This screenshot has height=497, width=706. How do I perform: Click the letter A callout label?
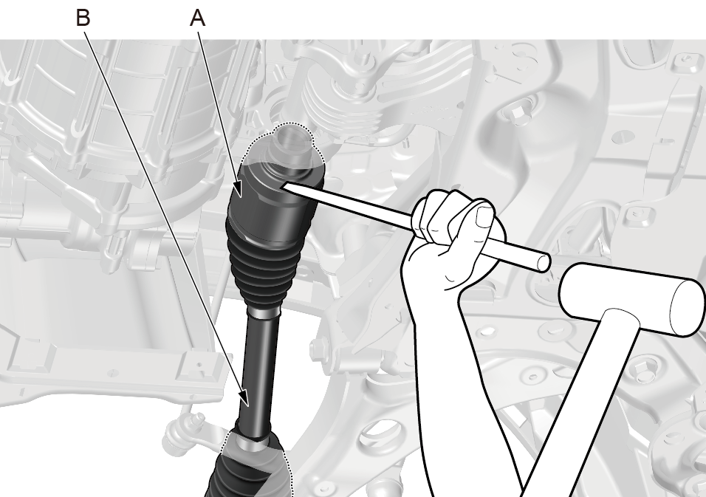pyautogui.click(x=198, y=18)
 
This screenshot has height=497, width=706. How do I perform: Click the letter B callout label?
pyautogui.click(x=83, y=18)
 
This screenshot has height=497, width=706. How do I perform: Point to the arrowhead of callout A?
pyautogui.click(x=239, y=190)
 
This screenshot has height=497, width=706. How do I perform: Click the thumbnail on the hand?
pyautogui.click(x=485, y=216)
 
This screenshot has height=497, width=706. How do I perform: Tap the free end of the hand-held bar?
pyautogui.click(x=544, y=262)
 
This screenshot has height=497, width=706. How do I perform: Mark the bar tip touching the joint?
pyautogui.click(x=282, y=185)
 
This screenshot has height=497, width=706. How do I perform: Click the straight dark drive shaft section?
pyautogui.click(x=260, y=374)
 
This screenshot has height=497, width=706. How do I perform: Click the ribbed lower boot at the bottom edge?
pyautogui.click(x=250, y=473)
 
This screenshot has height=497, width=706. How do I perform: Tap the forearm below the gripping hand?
pyautogui.click(x=450, y=383)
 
